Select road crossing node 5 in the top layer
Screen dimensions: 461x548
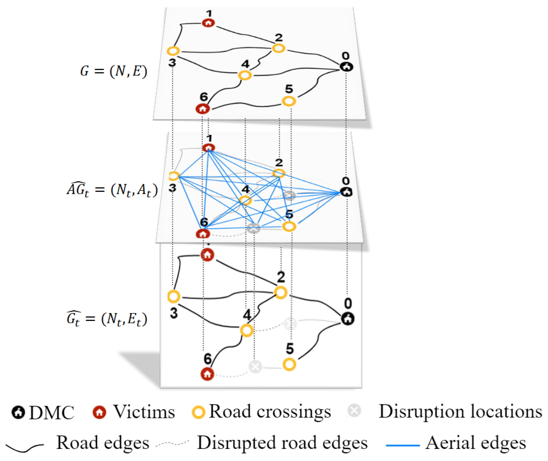tap(289, 101)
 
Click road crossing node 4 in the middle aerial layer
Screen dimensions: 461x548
tap(245, 201)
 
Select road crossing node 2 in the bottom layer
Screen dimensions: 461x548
tap(281, 292)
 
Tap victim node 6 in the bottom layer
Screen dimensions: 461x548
tap(207, 374)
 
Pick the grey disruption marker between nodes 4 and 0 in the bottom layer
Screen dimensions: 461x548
tap(290, 324)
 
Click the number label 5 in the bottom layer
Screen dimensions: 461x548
tap(290, 348)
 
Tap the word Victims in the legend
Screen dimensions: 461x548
tap(144, 412)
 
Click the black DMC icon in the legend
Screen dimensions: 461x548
tap(18, 412)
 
